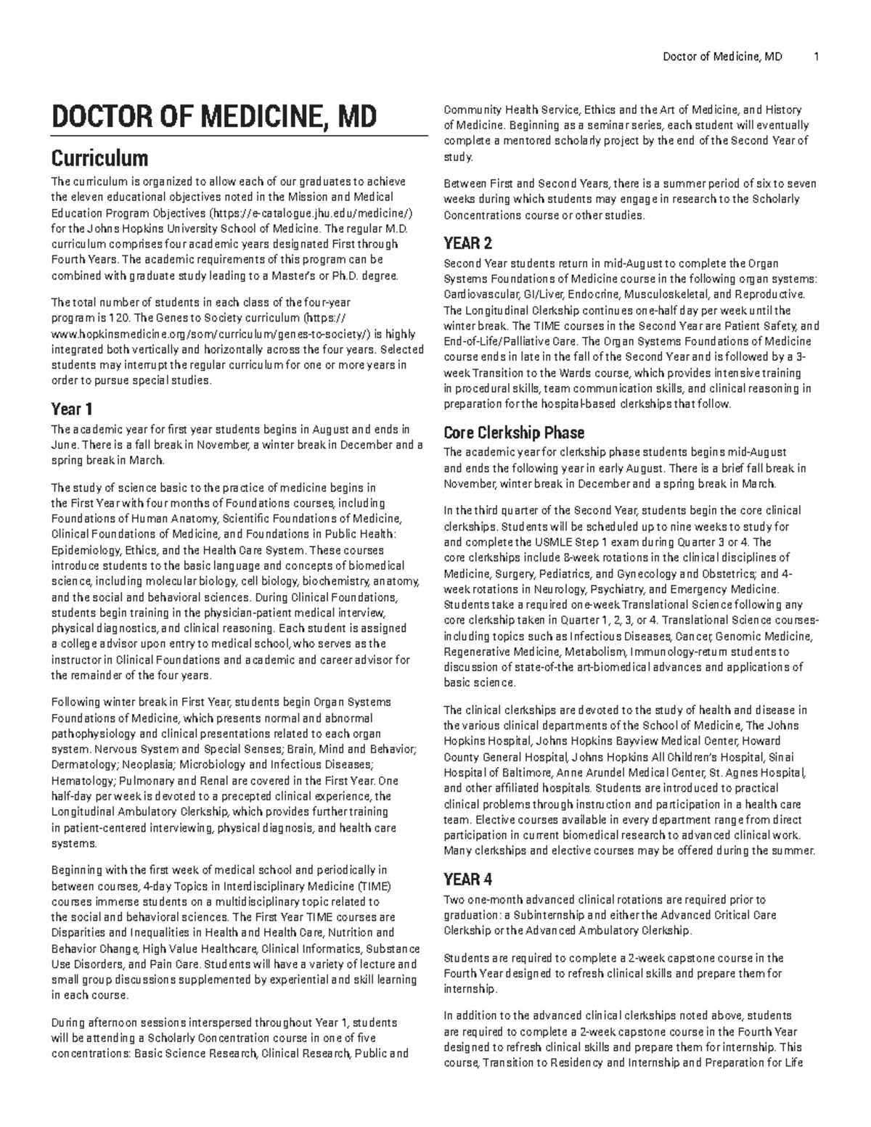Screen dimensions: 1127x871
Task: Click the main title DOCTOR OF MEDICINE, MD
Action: coord(213,116)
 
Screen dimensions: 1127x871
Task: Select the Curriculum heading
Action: coord(99,157)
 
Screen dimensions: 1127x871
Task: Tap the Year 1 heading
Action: coord(72,409)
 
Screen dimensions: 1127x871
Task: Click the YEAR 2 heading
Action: coord(467,243)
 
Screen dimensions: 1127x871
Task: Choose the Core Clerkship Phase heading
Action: coord(513,433)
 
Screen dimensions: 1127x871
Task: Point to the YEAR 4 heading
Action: coord(467,880)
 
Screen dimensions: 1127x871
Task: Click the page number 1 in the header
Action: coord(817,56)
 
